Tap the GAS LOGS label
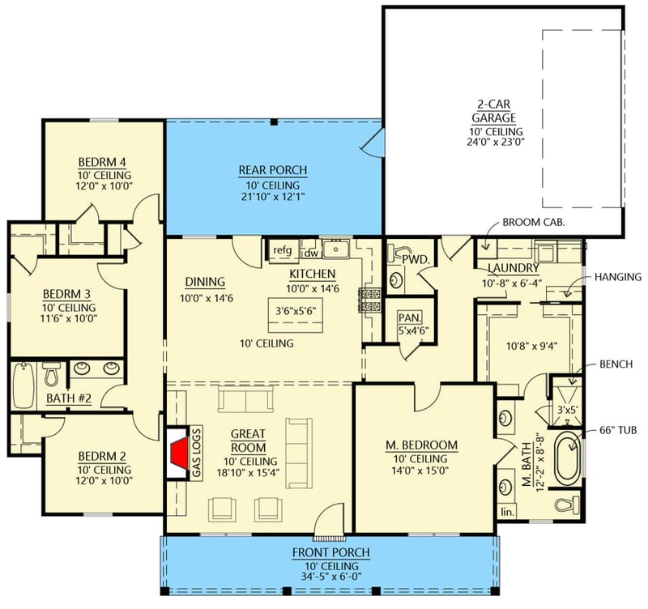click(197, 453)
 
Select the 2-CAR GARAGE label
click(495, 110)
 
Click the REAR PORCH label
click(272, 170)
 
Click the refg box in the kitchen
click(283, 250)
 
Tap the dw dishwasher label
click(311, 252)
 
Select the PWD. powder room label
click(416, 259)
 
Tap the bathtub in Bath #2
click(21, 386)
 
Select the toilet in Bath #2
click(51, 375)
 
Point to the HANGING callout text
click(617, 277)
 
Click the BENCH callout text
click(618, 365)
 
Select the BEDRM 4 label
click(100, 160)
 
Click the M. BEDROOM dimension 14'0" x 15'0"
click(420, 470)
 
